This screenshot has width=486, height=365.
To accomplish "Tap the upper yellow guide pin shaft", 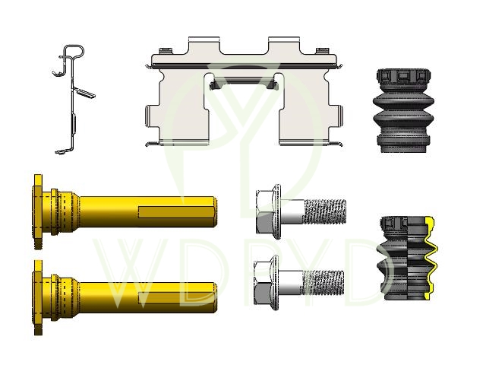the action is (x=146, y=211).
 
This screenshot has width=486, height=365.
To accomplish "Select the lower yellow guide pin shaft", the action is (x=146, y=297).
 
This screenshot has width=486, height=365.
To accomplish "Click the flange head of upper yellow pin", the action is (x=39, y=211).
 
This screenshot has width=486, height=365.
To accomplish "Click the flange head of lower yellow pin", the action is (x=39, y=297).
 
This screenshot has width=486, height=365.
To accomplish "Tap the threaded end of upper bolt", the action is (x=325, y=211).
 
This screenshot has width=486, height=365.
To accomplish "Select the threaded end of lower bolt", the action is (x=322, y=283).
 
